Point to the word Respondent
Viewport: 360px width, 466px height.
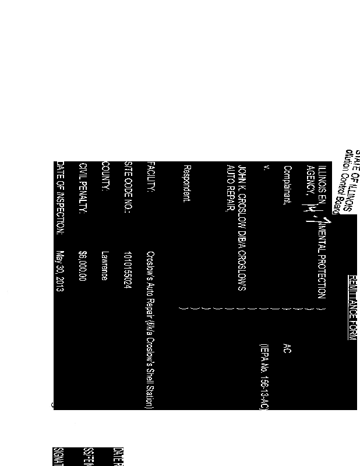pos(186,184)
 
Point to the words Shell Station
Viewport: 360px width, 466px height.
pos(150,384)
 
